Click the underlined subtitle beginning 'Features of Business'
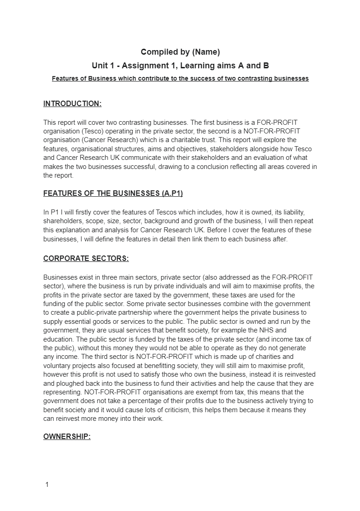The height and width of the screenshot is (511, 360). click(x=180, y=78)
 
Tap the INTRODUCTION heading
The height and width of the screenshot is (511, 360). click(x=72, y=104)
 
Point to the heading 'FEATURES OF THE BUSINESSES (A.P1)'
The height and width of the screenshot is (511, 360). click(x=113, y=194)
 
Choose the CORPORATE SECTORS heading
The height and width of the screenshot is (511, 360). click(x=86, y=259)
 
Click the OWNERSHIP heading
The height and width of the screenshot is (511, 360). click(x=67, y=437)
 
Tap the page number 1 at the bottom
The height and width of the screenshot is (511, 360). click(x=47, y=485)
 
